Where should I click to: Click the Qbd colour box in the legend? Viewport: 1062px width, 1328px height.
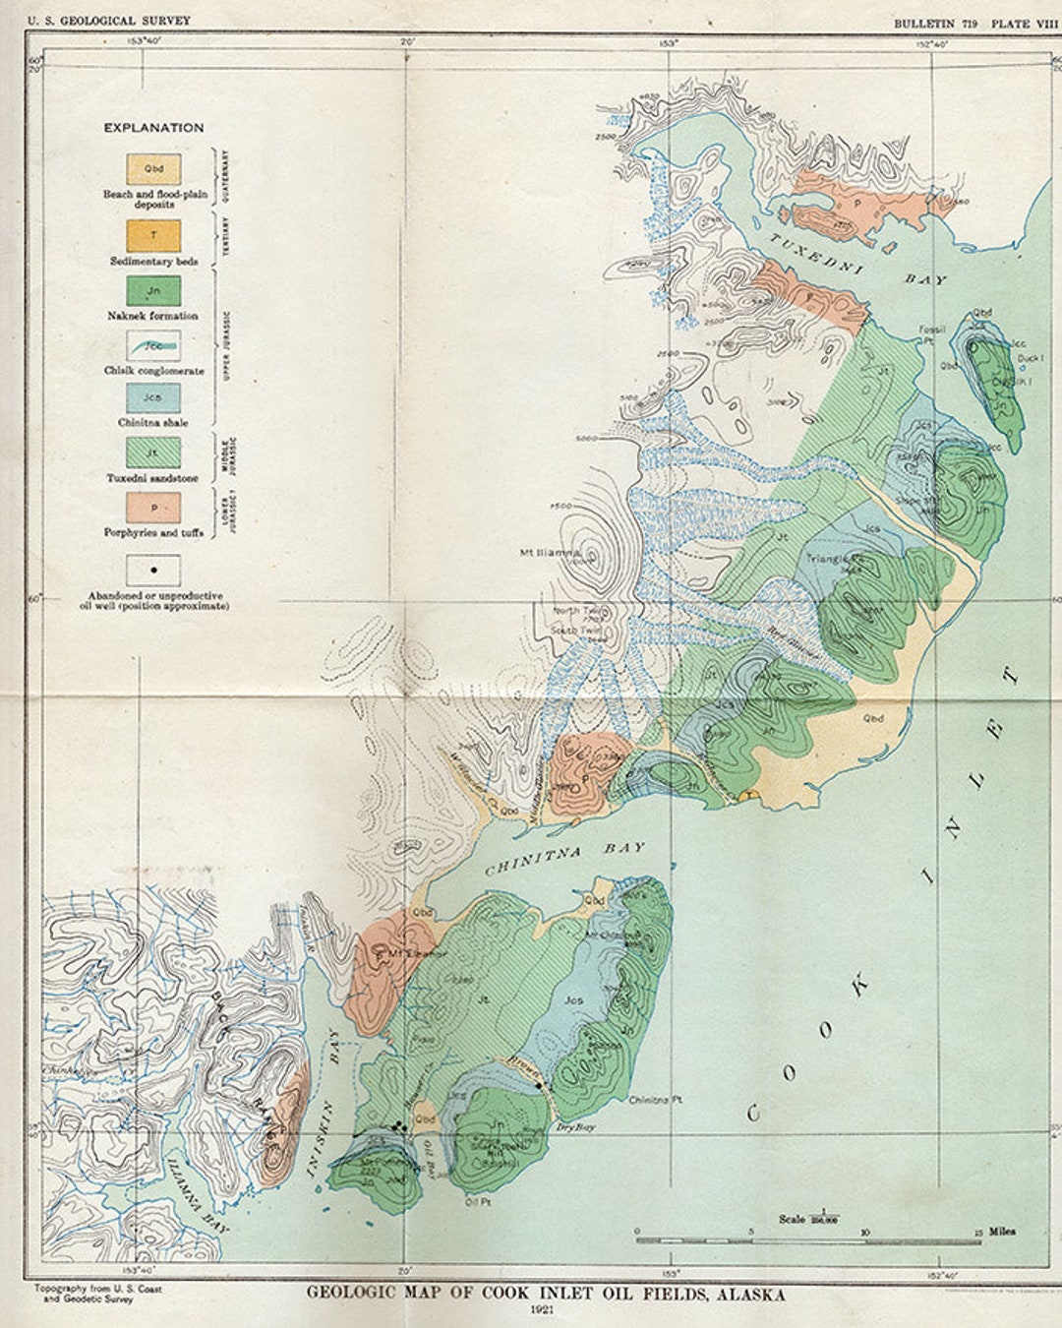[153, 168]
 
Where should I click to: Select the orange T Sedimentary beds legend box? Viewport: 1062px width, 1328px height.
[153, 235]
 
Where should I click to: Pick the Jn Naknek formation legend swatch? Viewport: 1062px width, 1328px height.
[153, 290]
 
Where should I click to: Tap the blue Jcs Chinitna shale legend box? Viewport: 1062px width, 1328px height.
[153, 398]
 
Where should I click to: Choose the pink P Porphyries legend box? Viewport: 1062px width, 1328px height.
[153, 508]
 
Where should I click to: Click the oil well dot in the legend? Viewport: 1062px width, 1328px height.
[153, 570]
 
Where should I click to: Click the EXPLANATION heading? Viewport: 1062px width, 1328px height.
[154, 128]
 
